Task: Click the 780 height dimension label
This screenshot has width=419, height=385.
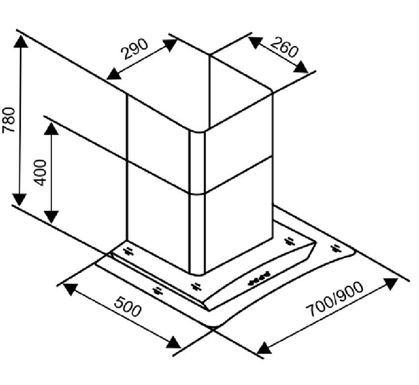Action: (x=8, y=120)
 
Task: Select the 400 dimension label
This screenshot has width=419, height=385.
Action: (x=40, y=173)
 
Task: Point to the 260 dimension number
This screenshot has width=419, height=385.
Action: (x=284, y=47)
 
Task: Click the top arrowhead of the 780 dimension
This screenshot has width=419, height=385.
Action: (x=21, y=41)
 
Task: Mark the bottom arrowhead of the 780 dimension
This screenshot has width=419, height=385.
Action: (x=19, y=199)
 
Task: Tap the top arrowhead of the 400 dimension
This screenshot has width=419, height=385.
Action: (x=51, y=129)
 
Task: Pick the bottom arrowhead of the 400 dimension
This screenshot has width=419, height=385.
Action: (x=51, y=217)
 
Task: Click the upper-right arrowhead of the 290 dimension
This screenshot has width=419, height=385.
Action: (x=171, y=45)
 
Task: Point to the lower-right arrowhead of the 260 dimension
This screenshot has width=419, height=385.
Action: (x=301, y=67)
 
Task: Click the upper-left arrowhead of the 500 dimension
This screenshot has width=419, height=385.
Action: (x=70, y=289)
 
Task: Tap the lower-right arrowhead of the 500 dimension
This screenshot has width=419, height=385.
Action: (x=174, y=343)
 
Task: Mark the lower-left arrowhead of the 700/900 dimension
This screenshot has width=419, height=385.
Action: (x=264, y=348)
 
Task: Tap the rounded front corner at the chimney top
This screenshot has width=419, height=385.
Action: (x=197, y=131)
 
